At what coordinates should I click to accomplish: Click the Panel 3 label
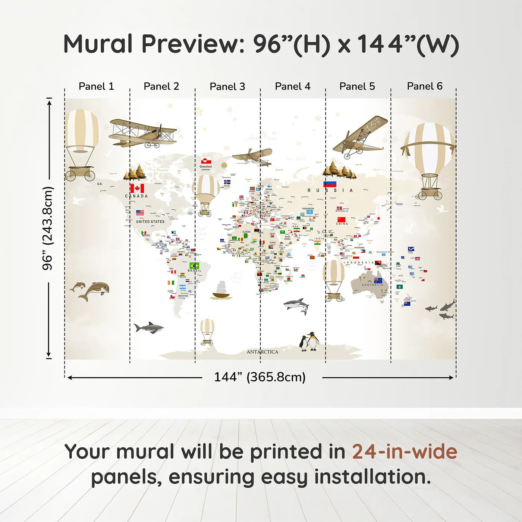[227, 87]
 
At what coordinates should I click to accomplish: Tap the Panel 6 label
[424, 86]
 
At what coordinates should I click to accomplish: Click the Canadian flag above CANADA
[137, 188]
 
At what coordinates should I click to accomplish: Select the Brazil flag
[194, 265]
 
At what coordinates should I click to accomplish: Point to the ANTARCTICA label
[262, 352]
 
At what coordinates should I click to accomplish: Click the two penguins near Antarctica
[309, 342]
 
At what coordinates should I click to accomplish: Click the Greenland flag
[206, 161]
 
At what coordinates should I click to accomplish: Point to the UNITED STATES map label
[150, 221]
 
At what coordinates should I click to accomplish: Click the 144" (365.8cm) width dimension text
[260, 377]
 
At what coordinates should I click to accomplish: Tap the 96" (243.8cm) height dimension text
[48, 228]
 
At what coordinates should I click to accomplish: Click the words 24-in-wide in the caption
[404, 452]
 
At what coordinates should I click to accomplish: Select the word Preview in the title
[193, 44]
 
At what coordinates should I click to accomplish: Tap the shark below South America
[149, 328]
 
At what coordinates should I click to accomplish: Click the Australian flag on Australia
[378, 281]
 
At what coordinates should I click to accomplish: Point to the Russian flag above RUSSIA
[330, 184]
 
